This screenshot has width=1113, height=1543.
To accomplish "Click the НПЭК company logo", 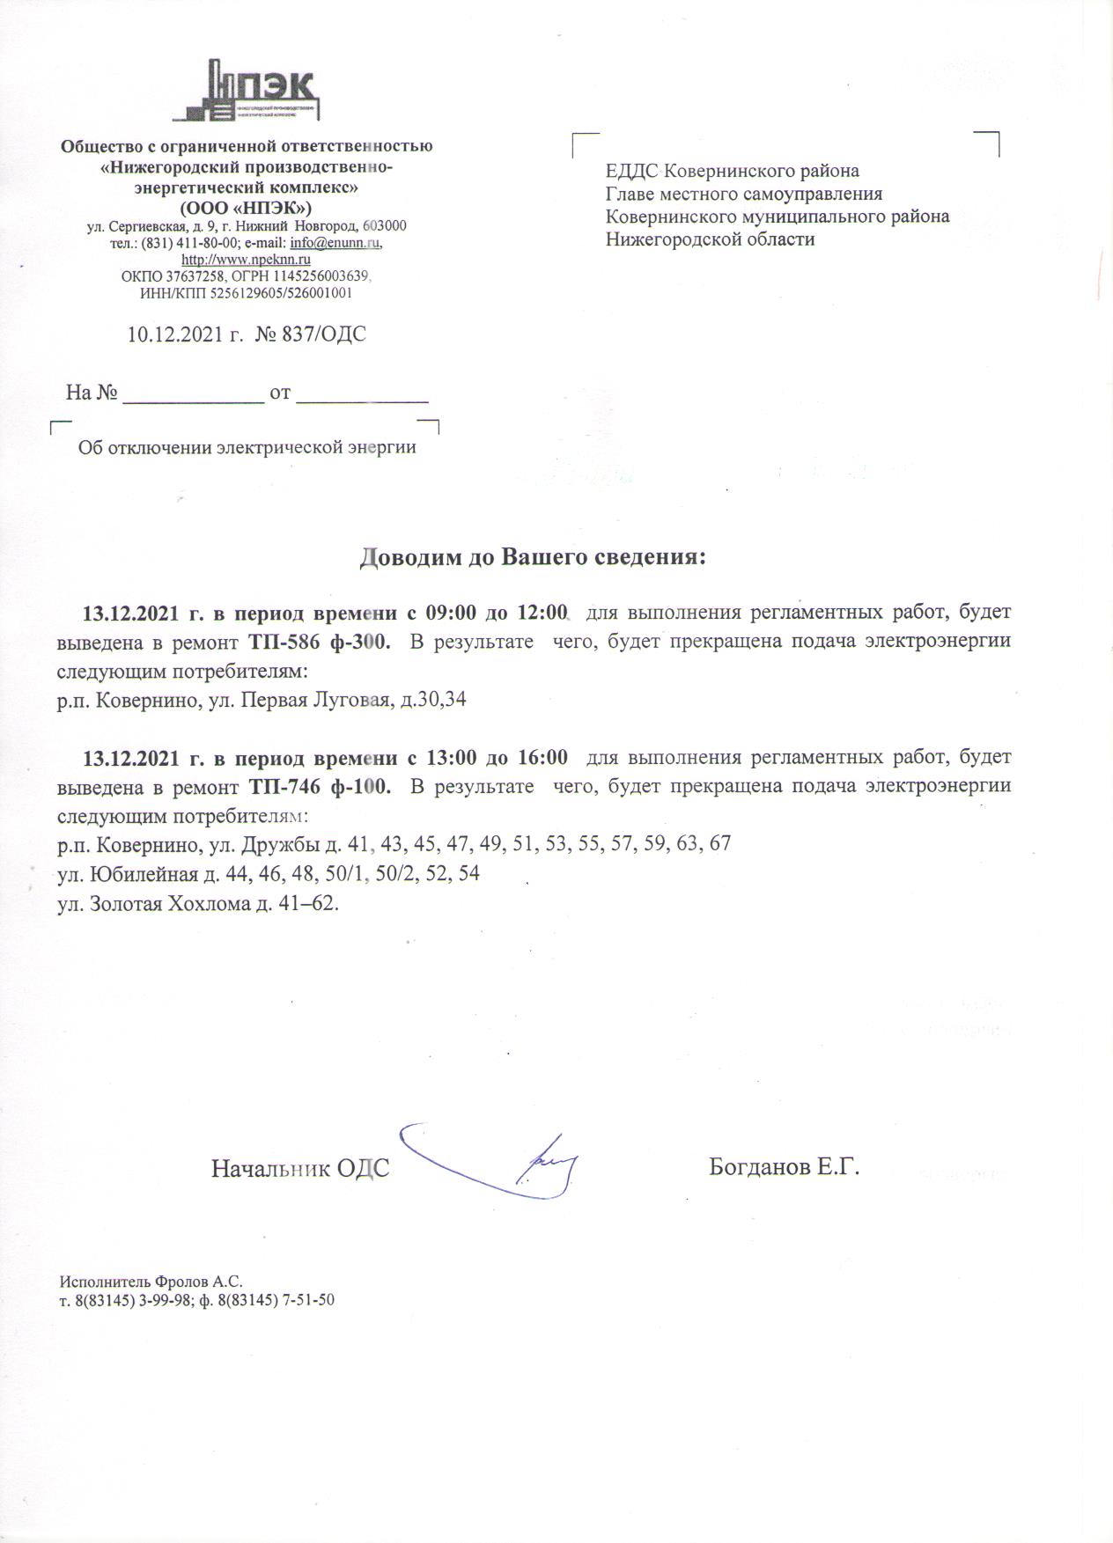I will tap(246, 89).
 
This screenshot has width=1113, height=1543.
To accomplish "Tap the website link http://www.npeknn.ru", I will tap(246, 260).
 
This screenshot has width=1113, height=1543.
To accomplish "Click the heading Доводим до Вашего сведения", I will tap(534, 558).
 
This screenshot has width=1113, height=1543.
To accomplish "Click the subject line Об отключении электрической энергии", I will tap(247, 447).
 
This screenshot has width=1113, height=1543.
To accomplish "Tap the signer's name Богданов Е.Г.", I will tap(784, 1167).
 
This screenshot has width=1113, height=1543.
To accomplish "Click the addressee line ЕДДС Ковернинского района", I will tap(733, 171).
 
